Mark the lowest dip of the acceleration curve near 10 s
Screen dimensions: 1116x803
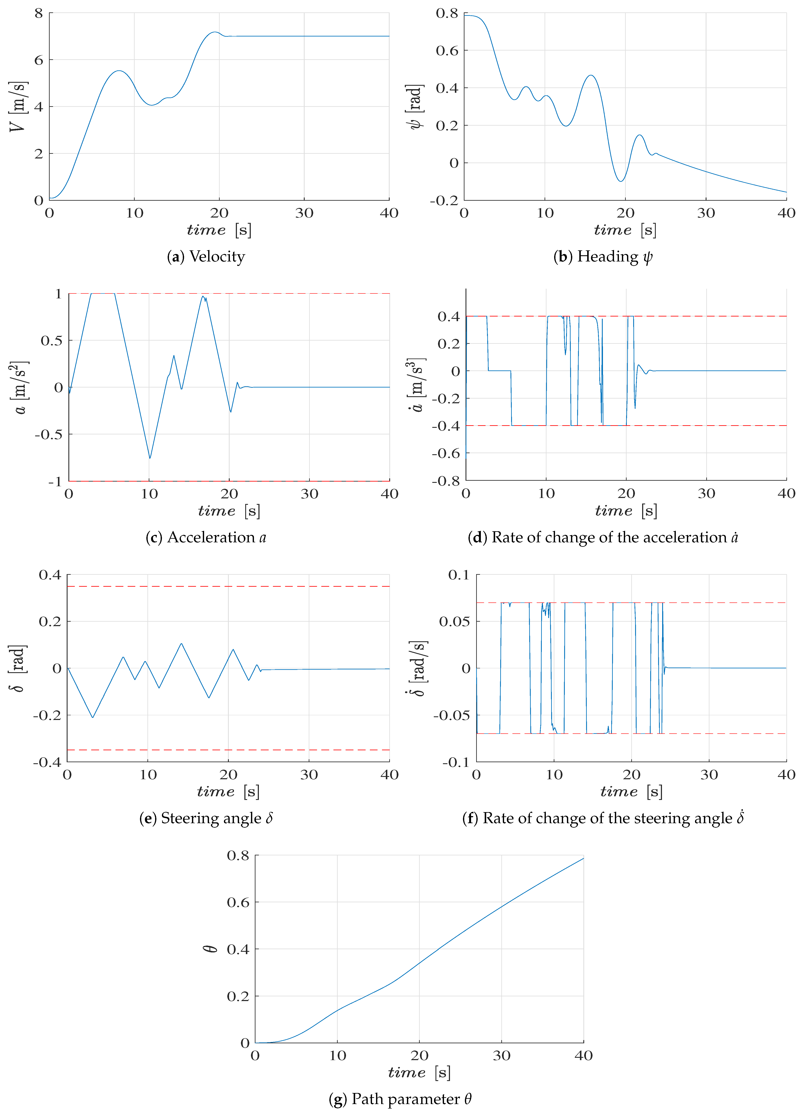click(150, 458)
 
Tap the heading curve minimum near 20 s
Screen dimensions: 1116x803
click(621, 181)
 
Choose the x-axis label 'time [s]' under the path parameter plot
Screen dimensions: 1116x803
click(419, 1073)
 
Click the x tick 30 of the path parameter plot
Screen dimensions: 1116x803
click(502, 1055)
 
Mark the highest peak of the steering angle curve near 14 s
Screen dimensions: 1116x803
click(182, 644)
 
